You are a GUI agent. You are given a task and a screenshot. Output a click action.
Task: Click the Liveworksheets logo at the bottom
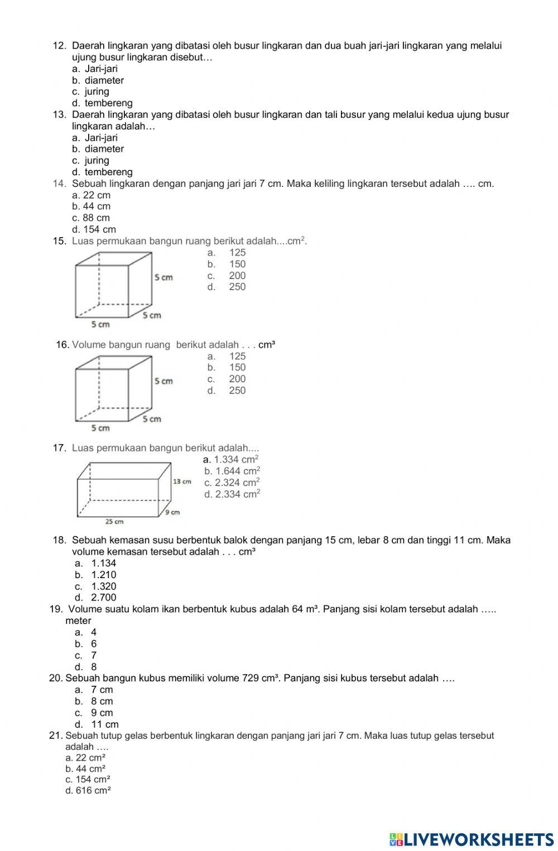472,839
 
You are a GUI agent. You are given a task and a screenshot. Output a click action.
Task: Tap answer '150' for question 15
237,264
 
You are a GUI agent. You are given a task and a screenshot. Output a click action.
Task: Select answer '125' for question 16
237,356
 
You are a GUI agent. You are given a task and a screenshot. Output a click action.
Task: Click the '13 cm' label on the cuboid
182,481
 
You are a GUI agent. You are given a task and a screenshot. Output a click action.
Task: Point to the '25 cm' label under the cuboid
114,522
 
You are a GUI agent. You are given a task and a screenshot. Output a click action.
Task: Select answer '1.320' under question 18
104,586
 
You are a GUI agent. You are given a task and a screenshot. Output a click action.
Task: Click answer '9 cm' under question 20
102,713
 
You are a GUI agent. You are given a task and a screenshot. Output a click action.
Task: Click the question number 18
59,540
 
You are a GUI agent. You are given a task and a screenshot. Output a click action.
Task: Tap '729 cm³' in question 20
260,678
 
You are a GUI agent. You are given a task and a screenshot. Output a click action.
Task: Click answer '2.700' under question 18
104,598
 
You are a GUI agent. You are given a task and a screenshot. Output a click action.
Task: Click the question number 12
59,46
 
